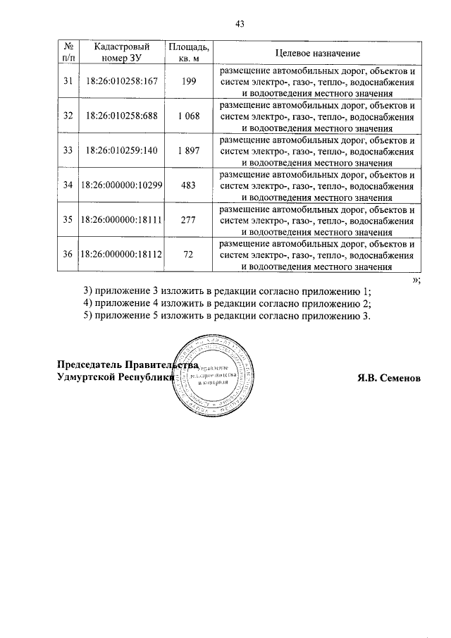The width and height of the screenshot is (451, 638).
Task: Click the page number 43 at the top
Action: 239,23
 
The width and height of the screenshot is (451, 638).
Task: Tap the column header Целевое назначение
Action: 317,54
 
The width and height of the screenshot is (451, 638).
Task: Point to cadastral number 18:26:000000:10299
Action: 122,185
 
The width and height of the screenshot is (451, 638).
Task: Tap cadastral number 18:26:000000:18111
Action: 122,219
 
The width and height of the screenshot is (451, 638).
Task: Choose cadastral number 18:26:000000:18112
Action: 122,254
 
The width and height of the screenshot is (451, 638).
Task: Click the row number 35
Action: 68,219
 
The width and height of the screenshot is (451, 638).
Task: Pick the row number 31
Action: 68,81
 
